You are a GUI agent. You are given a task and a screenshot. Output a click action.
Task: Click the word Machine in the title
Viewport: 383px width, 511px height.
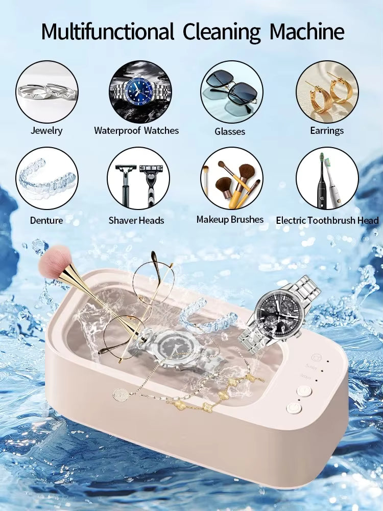307,32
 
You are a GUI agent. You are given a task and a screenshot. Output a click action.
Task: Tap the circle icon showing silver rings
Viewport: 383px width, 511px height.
47,91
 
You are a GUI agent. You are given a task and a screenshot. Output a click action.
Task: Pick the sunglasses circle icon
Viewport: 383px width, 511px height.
231,91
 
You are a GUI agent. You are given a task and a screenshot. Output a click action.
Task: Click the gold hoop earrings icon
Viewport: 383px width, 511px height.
327,91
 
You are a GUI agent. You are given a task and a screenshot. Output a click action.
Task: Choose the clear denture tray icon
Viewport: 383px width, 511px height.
47,178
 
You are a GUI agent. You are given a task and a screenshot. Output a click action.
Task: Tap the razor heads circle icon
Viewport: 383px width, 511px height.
138,178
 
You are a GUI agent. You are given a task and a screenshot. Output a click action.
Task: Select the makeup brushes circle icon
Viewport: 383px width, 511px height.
231,178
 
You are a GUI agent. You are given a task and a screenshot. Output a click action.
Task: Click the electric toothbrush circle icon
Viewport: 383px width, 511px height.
327,178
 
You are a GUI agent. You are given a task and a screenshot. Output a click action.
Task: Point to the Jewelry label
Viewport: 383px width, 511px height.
46,130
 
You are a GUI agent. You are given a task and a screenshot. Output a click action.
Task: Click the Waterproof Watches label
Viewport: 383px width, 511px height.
136,130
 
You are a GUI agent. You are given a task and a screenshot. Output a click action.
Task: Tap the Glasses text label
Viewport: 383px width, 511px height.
230,131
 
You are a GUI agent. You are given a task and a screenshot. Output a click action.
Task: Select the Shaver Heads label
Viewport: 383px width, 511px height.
136,220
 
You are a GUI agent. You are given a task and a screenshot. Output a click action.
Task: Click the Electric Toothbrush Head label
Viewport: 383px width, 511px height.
327,220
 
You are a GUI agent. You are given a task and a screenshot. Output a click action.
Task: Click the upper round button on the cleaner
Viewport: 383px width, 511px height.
304,391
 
